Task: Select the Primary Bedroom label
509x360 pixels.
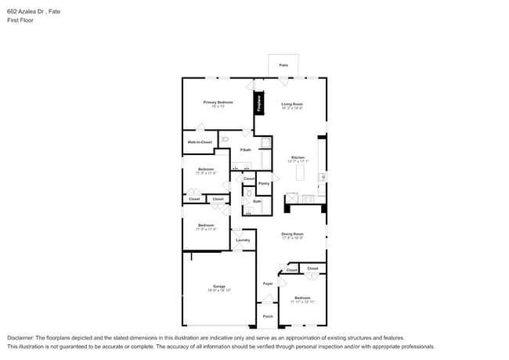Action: (218, 103)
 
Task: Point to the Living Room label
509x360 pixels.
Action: (292, 104)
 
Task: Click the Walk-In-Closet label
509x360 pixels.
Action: (199, 142)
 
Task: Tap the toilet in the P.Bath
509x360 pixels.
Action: (224, 139)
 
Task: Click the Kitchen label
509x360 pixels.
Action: (298, 157)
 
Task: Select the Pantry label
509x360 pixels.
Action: (264, 183)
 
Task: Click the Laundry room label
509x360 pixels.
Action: (243, 240)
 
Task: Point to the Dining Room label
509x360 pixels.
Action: (292, 233)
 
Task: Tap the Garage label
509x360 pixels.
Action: (218, 286)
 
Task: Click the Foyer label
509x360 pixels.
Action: (267, 283)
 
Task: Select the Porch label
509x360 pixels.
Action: (267, 316)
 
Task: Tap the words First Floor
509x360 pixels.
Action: (21, 20)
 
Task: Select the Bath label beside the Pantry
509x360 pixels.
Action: (257, 201)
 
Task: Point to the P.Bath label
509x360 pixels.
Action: (245, 149)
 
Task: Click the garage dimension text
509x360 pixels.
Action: (218, 290)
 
